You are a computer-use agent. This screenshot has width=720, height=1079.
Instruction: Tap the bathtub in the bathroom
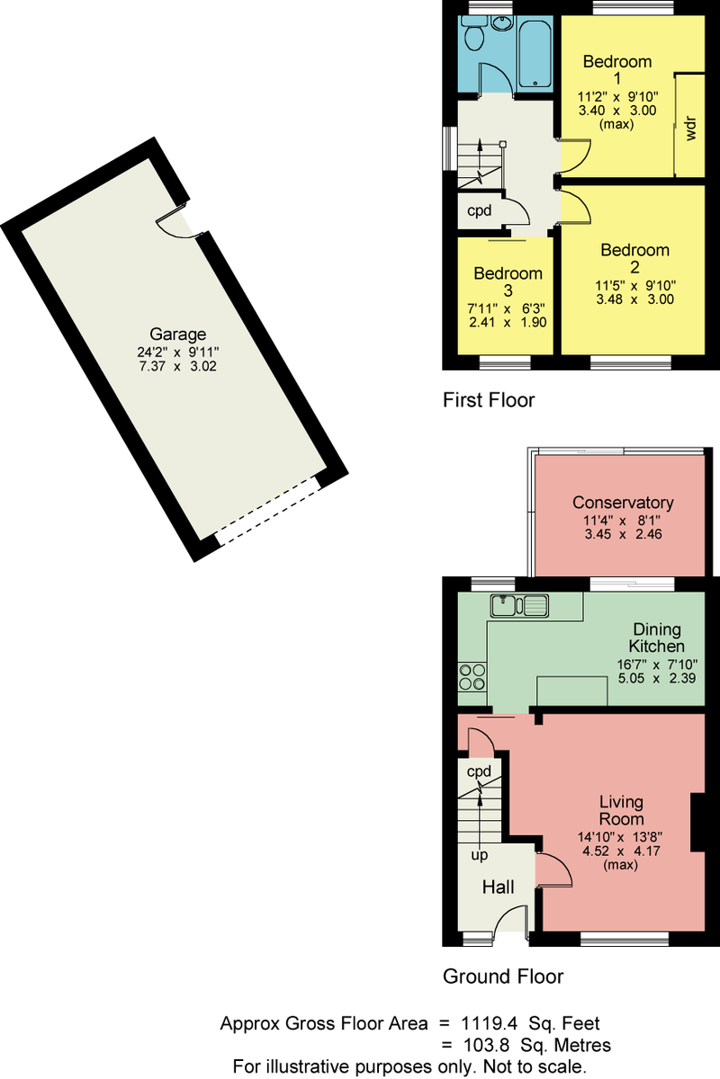535,54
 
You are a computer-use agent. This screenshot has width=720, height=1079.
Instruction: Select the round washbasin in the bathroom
502,22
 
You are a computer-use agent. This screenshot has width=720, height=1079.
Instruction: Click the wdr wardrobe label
690,128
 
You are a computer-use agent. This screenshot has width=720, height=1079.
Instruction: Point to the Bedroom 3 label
508,281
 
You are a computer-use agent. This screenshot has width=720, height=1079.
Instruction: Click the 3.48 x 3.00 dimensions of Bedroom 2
634,299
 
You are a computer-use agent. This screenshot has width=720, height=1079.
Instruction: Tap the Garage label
178,334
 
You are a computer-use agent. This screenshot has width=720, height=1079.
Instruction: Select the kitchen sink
519,605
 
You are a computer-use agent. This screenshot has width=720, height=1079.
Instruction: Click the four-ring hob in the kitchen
472,677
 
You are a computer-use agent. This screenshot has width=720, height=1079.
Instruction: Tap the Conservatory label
623,503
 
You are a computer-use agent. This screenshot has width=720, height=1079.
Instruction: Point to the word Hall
499,887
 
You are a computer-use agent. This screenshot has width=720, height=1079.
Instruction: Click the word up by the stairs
480,855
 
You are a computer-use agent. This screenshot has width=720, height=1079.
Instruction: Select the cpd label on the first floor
480,211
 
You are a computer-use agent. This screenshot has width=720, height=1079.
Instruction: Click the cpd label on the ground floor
479,771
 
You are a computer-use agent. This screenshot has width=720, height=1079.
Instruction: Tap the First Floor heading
489,400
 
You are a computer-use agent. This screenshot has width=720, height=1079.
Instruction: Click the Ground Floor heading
503,976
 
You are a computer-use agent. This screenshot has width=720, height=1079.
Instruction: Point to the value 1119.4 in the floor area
490,1023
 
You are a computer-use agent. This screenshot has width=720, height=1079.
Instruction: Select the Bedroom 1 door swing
575,156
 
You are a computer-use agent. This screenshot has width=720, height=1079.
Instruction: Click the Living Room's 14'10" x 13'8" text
620,837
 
